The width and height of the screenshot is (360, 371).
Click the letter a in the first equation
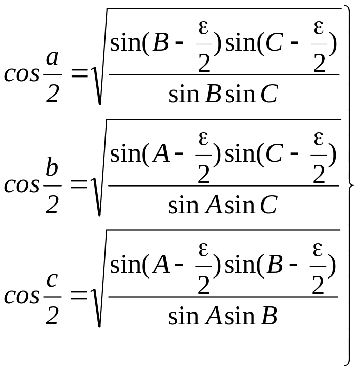tap(52, 58)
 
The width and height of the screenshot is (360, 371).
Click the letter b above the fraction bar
tap(52, 166)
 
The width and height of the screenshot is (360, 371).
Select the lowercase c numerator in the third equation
tap(52, 281)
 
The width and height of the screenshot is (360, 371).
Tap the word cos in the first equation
tap(22, 74)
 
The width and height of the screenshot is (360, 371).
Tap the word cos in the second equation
tap(22, 185)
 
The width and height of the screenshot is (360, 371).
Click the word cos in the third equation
tap(22, 297)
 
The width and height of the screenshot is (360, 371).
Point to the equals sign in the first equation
tap(80, 73)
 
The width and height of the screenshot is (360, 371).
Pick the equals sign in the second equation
tap(79, 184)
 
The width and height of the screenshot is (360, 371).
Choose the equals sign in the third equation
tap(79, 296)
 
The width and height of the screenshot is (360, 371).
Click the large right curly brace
tap(350, 185)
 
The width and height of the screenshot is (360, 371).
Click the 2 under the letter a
tap(52, 94)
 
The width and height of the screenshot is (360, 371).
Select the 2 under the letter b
tap(52, 205)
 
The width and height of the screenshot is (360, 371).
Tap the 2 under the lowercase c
tap(52, 316)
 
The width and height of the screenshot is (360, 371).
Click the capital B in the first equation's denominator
tap(214, 94)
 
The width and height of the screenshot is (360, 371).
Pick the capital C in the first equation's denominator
tap(269, 94)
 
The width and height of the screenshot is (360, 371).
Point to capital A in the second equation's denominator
tap(214, 205)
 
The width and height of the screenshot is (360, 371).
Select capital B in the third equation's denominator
tap(269, 316)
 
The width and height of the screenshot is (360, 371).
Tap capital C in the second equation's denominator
tap(268, 205)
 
